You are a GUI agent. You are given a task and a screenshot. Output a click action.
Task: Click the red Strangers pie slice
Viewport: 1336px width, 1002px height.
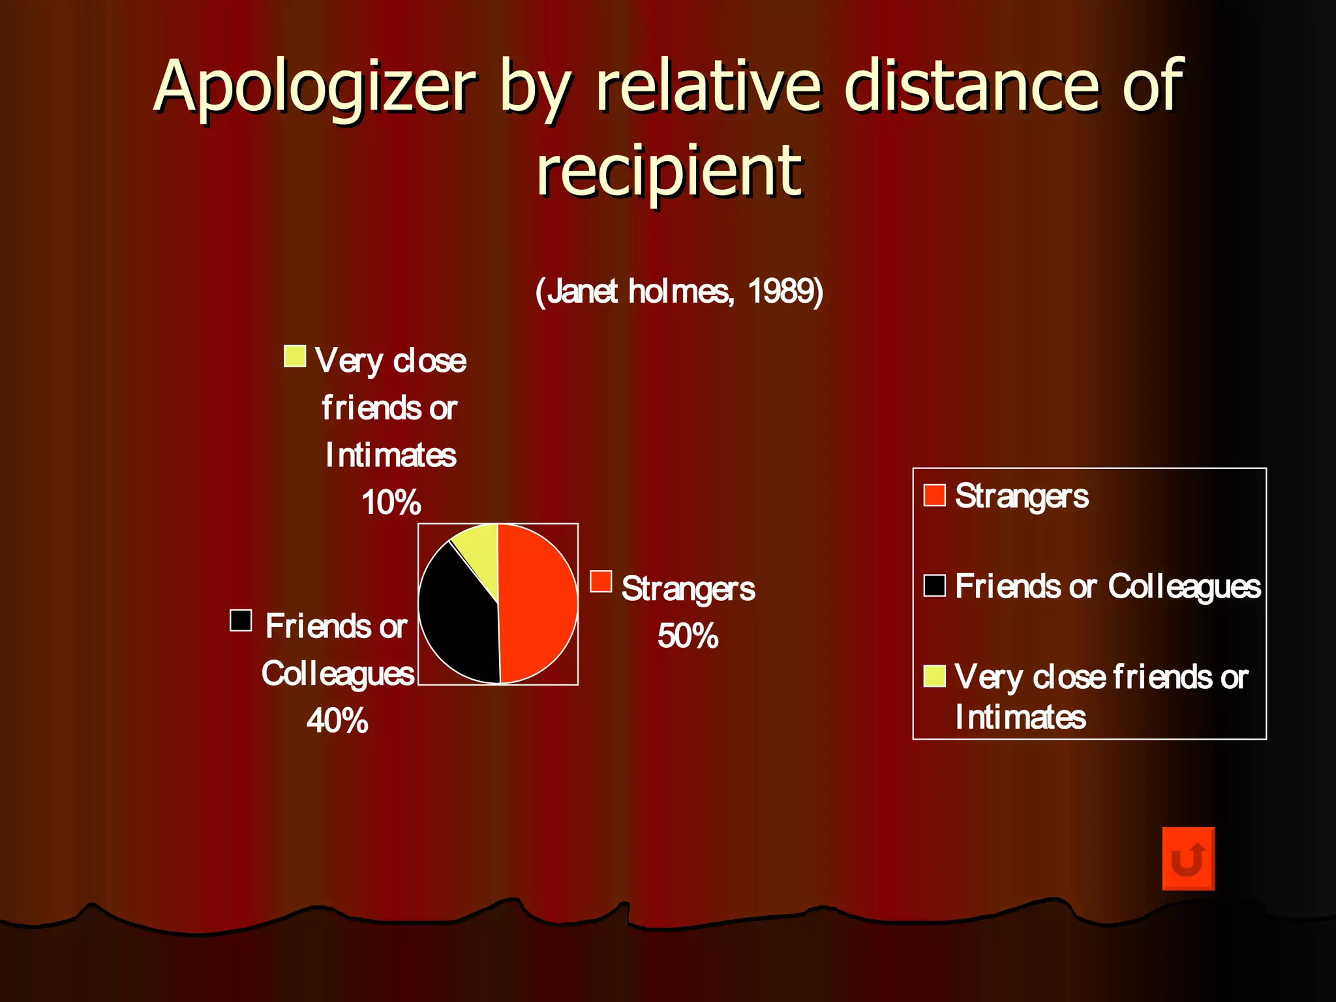(x=538, y=603)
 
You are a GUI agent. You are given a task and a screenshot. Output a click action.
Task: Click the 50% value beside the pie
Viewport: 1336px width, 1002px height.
(x=688, y=636)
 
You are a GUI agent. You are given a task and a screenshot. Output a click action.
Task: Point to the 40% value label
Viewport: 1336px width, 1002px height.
(x=337, y=721)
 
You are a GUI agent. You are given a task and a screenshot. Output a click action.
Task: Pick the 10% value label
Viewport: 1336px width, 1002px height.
(x=391, y=503)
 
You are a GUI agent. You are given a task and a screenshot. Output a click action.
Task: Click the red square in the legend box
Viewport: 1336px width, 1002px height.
(x=934, y=495)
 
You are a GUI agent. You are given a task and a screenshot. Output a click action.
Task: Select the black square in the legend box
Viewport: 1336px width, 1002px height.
(x=934, y=586)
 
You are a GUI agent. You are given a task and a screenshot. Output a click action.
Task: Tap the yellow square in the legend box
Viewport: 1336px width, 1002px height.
(x=934, y=676)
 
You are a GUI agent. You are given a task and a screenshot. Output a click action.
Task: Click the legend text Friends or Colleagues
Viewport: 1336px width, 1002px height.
(x=1107, y=586)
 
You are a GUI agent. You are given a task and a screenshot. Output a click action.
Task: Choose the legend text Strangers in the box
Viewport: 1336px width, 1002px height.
(x=1022, y=496)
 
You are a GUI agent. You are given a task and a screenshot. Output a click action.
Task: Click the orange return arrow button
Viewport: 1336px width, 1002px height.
(x=1188, y=858)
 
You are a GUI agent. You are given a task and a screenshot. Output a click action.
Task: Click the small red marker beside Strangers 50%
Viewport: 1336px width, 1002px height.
(x=601, y=581)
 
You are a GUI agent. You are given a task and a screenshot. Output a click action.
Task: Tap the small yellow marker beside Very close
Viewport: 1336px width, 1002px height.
(x=295, y=356)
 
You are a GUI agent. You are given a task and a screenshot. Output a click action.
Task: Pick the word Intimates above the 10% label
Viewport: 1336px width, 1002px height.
(x=391, y=455)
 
